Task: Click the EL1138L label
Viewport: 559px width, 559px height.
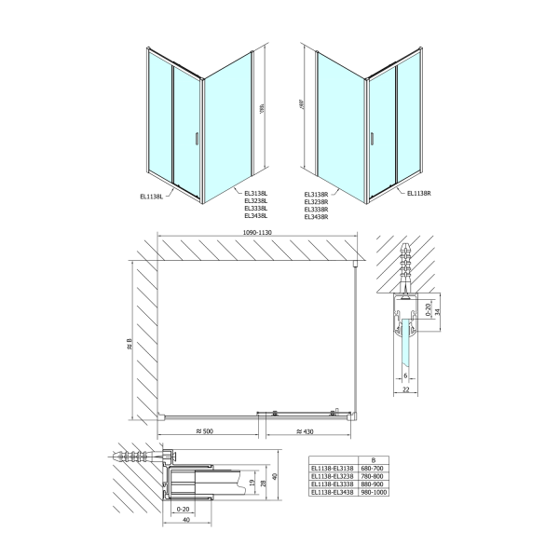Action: tap(152, 196)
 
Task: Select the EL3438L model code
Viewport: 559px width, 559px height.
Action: tap(255, 215)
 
